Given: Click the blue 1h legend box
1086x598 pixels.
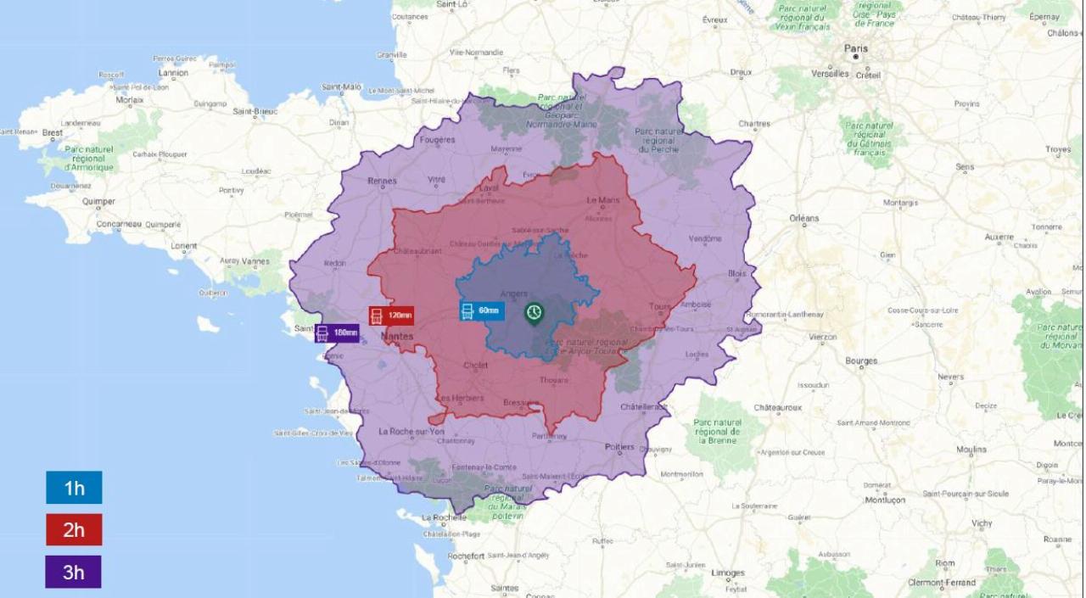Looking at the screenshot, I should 74,488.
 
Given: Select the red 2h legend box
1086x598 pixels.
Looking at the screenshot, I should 74,530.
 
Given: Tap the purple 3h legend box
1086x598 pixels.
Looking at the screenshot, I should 74,572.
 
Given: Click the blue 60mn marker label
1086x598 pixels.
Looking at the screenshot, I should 482,310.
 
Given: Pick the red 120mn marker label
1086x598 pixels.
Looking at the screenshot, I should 391,316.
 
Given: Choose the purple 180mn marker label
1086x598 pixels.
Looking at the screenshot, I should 337,333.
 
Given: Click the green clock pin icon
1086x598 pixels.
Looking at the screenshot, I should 534,313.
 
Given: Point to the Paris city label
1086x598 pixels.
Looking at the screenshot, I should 856,49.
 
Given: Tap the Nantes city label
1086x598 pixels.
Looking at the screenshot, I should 397,337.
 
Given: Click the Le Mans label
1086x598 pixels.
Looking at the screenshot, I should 603,201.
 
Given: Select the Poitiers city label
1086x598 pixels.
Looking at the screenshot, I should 619,447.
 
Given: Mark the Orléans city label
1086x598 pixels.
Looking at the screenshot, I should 804,219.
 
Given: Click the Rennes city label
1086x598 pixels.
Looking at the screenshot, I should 383,181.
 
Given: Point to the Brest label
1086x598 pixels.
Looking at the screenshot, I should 53,133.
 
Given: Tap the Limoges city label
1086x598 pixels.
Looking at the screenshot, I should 728,573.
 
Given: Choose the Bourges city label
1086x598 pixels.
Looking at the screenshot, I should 861,361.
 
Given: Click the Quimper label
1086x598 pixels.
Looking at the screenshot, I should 99,202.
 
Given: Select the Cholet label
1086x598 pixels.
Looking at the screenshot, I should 475,366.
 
